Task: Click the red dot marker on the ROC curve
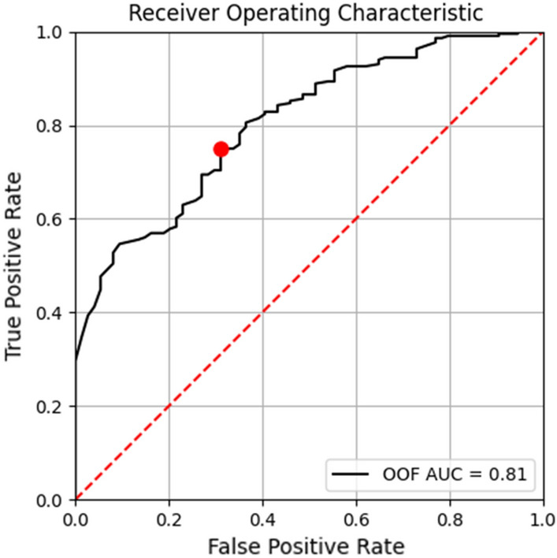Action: [221, 149]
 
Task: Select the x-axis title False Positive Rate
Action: [308, 545]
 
